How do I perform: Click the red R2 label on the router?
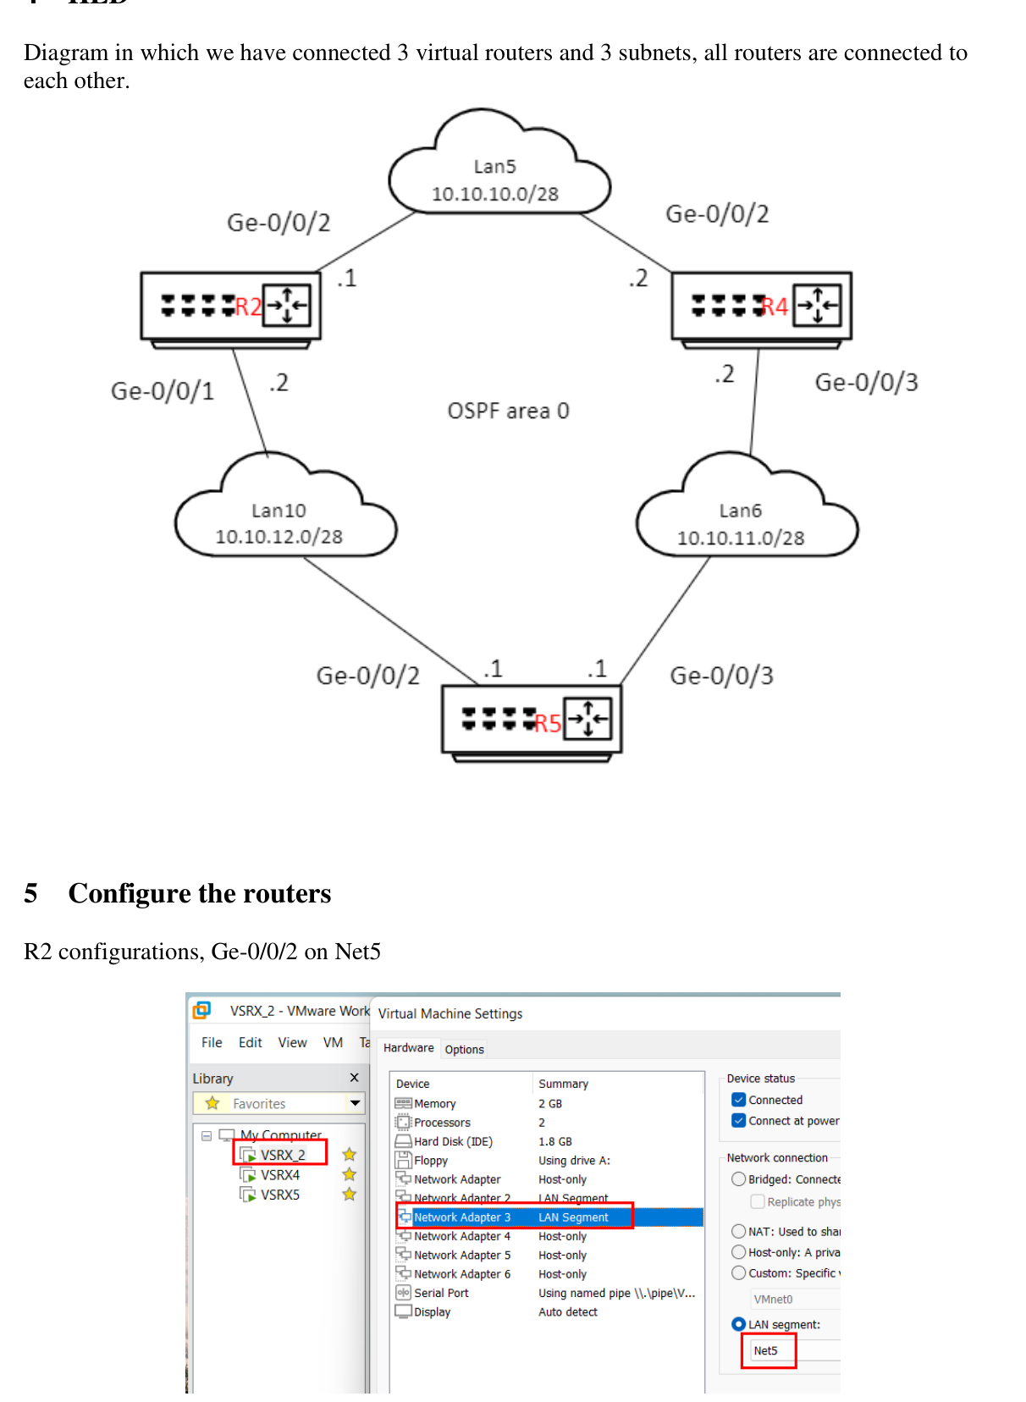tap(248, 306)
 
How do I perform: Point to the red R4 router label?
tap(775, 306)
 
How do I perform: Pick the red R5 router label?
tap(548, 723)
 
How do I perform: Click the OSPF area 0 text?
tap(508, 411)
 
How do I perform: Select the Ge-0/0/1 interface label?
tap(163, 391)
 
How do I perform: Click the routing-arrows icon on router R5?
tap(587, 719)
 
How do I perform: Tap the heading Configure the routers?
tap(200, 894)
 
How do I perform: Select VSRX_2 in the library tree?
tap(282, 1155)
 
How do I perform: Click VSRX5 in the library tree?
tap(279, 1195)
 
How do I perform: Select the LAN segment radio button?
tap(738, 1324)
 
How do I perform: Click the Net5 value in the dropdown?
tap(766, 1350)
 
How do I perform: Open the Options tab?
tap(464, 1049)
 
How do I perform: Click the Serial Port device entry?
tap(440, 1293)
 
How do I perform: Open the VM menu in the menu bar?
tap(333, 1042)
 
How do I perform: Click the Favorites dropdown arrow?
tap(355, 1103)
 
